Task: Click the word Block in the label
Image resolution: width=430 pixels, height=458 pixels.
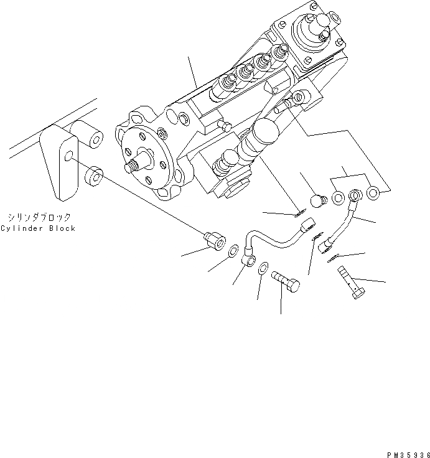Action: click(x=63, y=228)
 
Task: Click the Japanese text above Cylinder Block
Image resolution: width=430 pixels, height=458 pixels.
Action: click(x=39, y=217)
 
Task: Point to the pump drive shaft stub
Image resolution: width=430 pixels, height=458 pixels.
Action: click(x=132, y=166)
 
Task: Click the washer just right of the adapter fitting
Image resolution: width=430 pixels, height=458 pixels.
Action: click(x=231, y=252)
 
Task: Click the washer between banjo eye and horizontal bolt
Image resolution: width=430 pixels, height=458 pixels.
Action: click(x=264, y=269)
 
